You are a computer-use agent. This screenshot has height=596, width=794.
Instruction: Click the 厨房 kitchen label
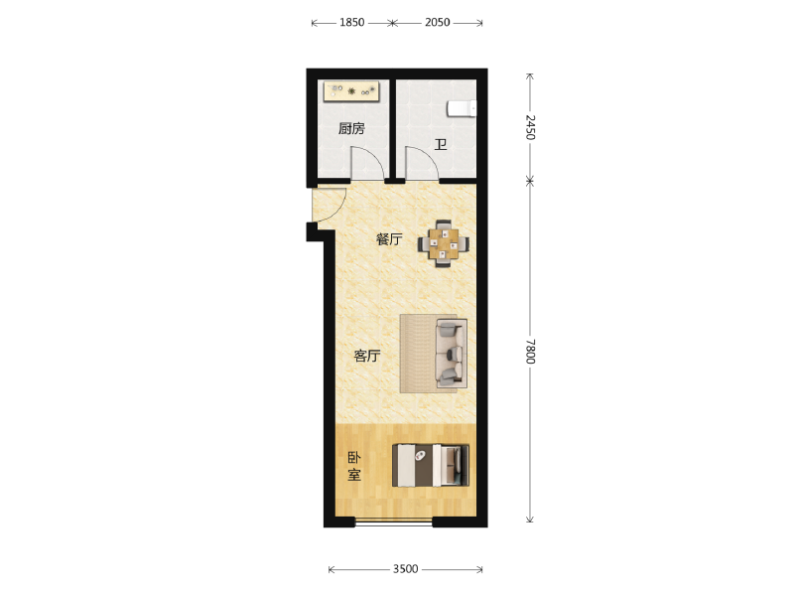351,129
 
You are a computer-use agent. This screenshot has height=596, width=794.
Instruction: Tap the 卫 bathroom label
441,145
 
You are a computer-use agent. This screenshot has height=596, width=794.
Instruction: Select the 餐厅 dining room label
389,239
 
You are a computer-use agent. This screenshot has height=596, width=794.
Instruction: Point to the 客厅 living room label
366,356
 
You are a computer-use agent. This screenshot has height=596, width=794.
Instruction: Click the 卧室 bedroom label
354,466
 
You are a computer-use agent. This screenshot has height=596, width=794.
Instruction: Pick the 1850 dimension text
352,22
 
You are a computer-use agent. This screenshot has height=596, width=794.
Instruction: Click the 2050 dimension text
438,22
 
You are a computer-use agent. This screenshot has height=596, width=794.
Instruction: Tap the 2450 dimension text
530,127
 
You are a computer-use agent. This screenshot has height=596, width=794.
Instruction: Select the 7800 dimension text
530,352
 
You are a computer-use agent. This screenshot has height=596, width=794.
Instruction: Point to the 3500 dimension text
406,569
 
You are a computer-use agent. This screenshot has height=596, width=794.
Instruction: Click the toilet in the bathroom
462,108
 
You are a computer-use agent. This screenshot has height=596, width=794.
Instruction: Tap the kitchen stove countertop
351,91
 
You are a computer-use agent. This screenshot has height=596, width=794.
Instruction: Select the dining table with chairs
443,243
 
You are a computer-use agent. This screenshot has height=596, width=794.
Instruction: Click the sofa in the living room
452,353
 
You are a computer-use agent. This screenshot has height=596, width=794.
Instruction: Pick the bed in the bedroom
431,465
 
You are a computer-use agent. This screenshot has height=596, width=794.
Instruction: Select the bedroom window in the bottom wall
393,522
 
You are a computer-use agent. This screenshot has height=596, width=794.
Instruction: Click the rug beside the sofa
418,354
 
